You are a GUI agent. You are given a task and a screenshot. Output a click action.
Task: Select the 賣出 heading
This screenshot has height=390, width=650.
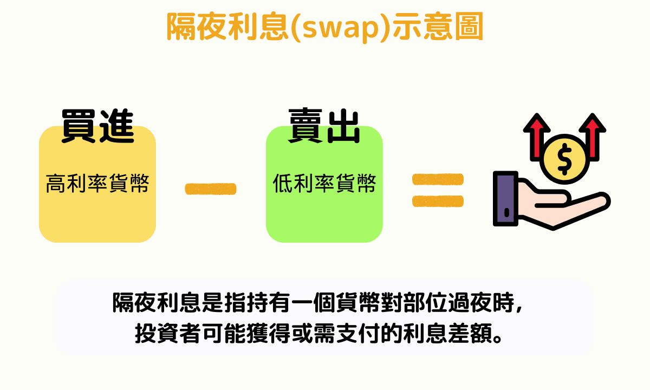click(324, 126)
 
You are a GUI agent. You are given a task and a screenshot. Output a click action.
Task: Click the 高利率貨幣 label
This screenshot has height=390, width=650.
click(97, 184)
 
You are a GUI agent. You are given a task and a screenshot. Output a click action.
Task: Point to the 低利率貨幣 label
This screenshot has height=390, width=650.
click(324, 184)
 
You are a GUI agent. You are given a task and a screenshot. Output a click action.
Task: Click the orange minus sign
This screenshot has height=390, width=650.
click(211, 189)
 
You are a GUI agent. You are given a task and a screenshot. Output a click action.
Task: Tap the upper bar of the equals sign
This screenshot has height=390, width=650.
click(438, 179)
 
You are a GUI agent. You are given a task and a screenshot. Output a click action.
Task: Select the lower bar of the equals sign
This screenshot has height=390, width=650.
click(438, 201)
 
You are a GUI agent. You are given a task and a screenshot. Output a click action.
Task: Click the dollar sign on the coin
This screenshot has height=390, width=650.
click(564, 159)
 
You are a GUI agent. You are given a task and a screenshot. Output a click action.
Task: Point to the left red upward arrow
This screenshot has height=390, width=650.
click(537, 136)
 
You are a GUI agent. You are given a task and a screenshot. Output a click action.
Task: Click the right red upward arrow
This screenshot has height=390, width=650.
click(593, 136)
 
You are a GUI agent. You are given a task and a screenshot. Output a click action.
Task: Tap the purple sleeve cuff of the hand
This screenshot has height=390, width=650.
click(505, 199)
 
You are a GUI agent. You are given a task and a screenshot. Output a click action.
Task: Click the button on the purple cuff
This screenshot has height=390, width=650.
click(506, 213)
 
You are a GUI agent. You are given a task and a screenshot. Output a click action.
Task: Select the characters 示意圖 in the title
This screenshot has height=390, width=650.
click(438, 27)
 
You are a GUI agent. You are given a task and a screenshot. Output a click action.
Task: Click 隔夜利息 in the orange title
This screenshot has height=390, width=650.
click(227, 27)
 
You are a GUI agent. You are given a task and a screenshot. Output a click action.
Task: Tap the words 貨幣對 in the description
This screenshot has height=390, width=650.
click(369, 303)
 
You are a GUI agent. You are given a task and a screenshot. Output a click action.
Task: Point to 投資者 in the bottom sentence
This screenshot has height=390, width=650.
click(168, 333)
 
